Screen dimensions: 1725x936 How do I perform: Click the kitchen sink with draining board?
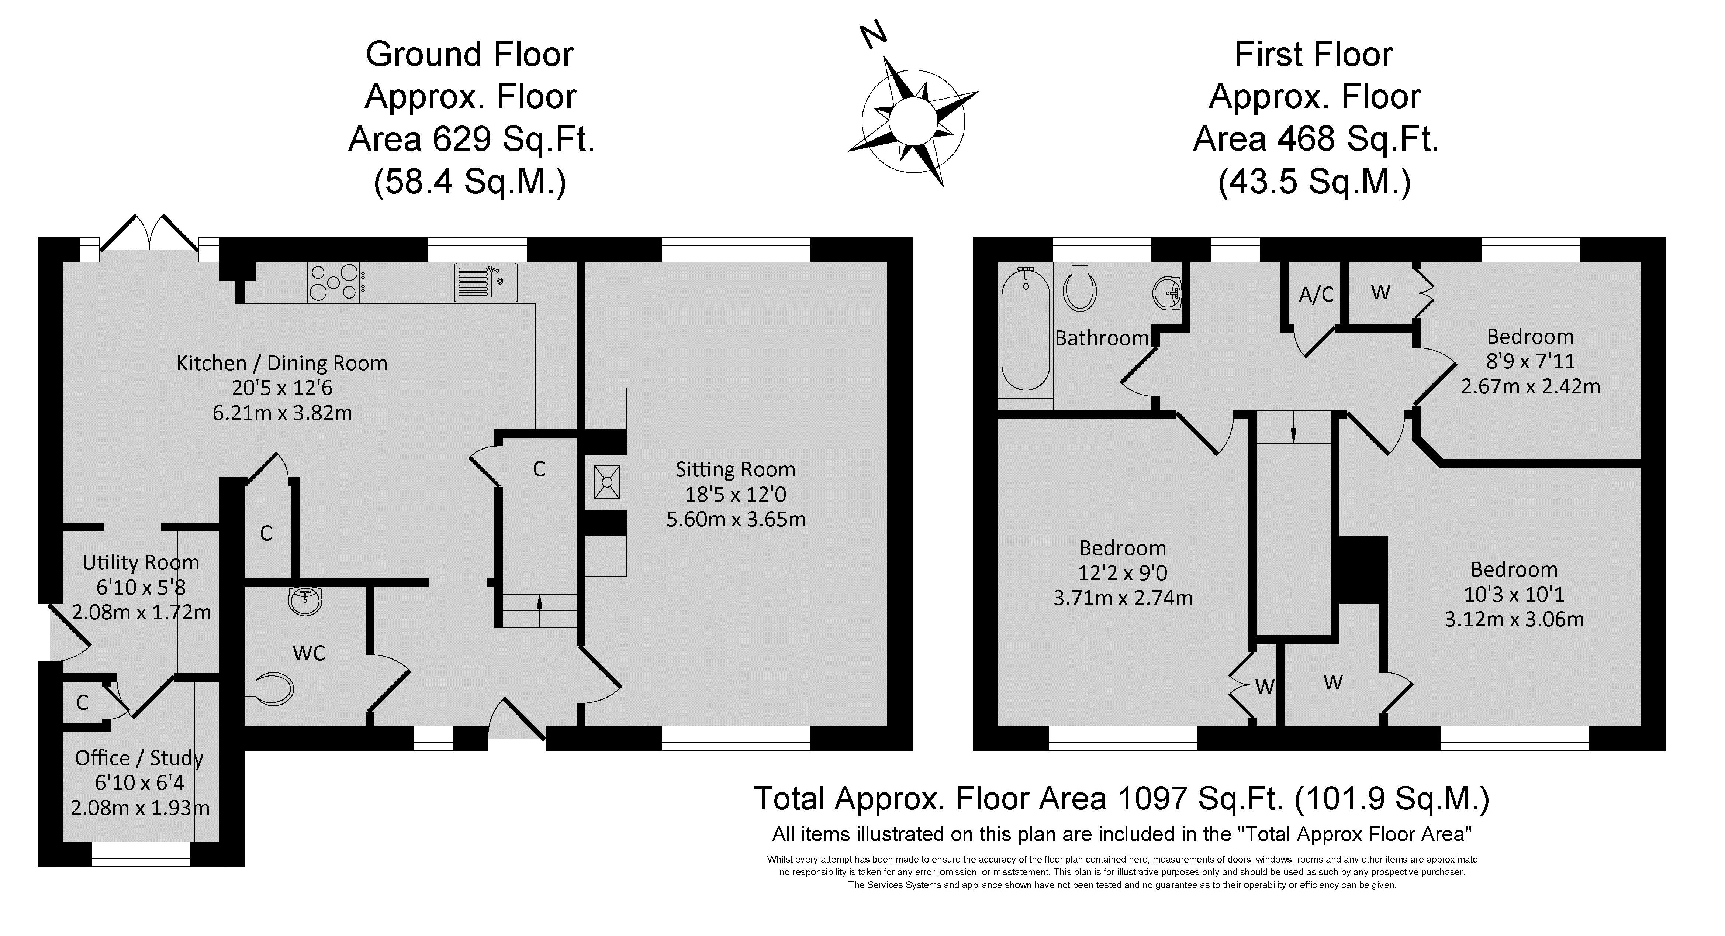click(486, 282)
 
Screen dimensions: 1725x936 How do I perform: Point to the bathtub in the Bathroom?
click(1025, 329)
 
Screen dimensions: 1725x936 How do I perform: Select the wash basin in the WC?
click(306, 601)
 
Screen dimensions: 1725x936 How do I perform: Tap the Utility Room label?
click(141, 562)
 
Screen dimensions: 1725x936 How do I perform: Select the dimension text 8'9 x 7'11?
click(1530, 361)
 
